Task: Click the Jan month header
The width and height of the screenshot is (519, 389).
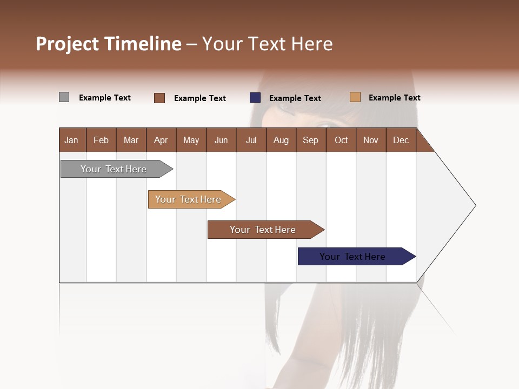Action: tap(71, 140)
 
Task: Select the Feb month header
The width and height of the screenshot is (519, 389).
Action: tap(101, 140)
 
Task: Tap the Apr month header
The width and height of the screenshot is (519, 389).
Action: tap(161, 140)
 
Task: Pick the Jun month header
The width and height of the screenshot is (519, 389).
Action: tap(221, 140)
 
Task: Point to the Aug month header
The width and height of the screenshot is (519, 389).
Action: tap(281, 140)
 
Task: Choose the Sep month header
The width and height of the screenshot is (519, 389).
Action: tap(310, 140)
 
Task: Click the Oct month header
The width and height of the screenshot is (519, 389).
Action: tap(341, 140)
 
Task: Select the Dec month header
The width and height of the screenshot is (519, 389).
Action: tap(401, 140)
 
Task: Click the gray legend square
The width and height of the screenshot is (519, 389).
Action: tap(64, 97)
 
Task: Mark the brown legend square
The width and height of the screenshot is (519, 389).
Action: tap(159, 98)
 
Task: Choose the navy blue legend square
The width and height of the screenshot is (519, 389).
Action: tap(255, 98)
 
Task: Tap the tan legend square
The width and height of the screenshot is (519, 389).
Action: tap(355, 97)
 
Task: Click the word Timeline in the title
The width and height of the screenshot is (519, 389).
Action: tap(143, 44)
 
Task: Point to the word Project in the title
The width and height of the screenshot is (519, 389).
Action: tap(68, 44)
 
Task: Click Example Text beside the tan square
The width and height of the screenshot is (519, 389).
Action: tap(394, 98)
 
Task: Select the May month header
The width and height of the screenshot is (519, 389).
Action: tap(191, 140)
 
